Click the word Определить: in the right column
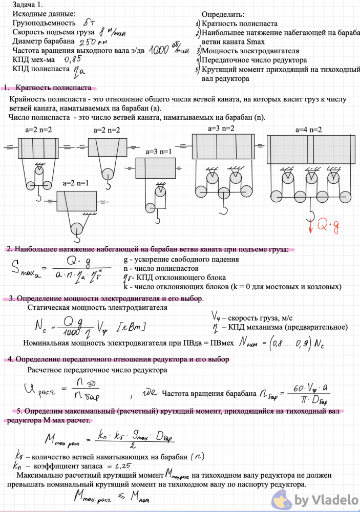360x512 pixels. click(x=223, y=15)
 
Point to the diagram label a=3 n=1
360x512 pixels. click(x=159, y=152)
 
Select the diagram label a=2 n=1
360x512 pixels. click(x=76, y=183)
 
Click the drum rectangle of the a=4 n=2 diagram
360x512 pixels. click(x=311, y=150)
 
